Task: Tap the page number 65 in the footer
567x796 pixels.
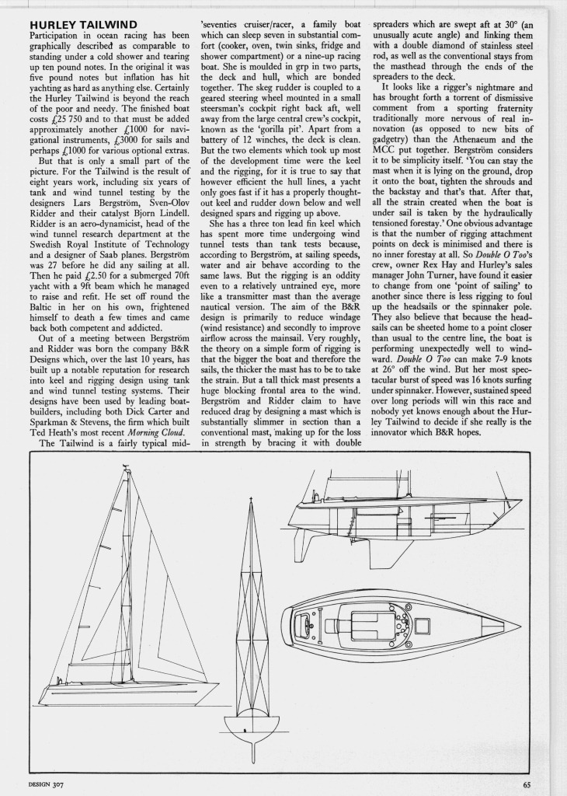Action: point(526,784)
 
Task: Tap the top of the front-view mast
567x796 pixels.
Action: point(250,498)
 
